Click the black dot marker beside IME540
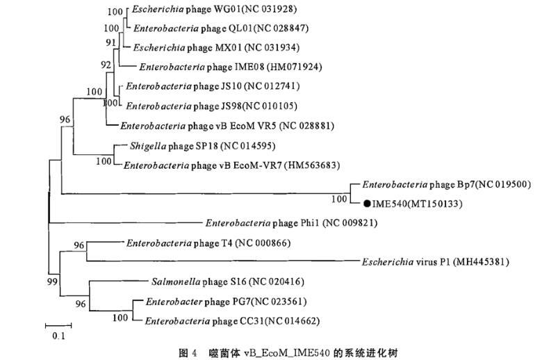point(366,204)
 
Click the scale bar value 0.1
point(58,336)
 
